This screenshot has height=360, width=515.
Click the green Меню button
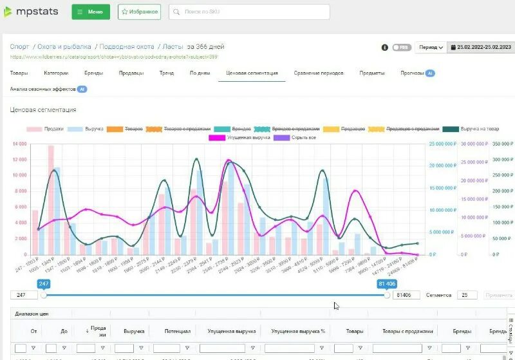coord(90,12)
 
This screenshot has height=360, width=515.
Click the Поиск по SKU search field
coord(249,12)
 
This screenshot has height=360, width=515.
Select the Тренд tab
coord(167,73)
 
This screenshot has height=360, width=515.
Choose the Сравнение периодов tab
coord(317,73)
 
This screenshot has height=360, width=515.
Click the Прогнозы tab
coord(411,73)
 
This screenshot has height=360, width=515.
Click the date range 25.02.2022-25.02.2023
coord(481,48)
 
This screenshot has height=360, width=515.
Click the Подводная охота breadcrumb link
coord(127,46)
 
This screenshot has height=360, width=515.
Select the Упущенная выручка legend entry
coord(244,137)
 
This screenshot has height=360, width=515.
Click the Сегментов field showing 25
coord(467,295)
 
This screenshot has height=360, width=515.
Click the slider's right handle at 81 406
coord(387,295)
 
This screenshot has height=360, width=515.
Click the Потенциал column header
coord(177,331)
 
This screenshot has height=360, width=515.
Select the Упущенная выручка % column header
coord(298,331)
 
